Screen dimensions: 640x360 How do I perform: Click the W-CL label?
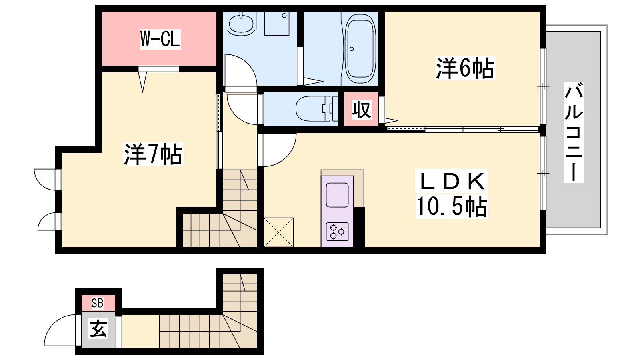(x=160, y=39)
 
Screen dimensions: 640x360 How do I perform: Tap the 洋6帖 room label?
(x=465, y=68)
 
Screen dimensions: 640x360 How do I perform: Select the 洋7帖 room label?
(x=153, y=154)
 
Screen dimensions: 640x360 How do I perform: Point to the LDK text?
(x=452, y=181)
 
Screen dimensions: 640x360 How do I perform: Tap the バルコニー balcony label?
(x=574, y=132)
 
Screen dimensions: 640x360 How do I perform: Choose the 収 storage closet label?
(x=362, y=110)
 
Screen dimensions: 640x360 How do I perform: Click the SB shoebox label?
(x=97, y=303)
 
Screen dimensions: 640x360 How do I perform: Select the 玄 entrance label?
(x=98, y=329)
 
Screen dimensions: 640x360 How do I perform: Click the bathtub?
(x=360, y=48)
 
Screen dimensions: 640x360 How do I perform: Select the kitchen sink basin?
(x=337, y=195)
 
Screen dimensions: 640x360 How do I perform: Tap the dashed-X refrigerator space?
(x=278, y=232)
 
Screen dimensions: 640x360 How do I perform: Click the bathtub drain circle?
(x=352, y=49)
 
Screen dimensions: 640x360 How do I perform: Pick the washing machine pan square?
(x=277, y=24)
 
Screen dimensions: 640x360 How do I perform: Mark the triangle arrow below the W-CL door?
(x=142, y=82)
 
